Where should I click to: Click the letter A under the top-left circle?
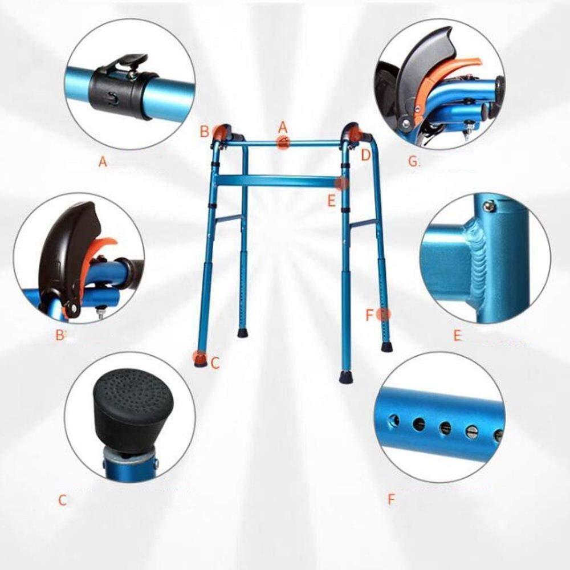[103, 162]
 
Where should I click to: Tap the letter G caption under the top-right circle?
[413, 161]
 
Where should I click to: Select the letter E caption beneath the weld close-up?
[457, 336]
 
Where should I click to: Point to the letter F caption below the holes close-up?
[391, 500]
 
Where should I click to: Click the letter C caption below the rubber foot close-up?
[63, 501]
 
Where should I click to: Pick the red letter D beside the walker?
[365, 154]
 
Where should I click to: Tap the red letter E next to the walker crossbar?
[331, 200]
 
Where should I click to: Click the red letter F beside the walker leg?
[370, 315]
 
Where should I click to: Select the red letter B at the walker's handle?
[205, 132]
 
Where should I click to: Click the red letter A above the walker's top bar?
[283, 127]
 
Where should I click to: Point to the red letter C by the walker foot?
[215, 363]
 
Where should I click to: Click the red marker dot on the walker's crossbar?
[342, 183]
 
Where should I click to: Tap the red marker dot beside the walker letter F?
[385, 313]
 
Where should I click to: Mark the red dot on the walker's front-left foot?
[199, 357]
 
